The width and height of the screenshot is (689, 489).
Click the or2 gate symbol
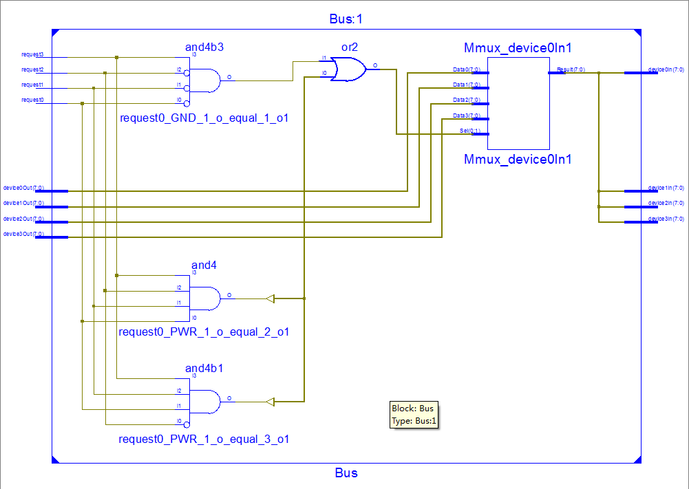click(x=348, y=69)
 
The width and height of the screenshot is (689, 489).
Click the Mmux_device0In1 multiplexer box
click(x=518, y=103)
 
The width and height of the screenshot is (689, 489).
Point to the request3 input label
click(x=32, y=54)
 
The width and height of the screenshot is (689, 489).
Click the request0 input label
click(x=32, y=100)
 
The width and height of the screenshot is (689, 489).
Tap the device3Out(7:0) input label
click(x=23, y=234)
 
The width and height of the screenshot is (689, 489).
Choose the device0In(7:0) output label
click(x=666, y=69)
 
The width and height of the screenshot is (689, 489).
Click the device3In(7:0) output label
click(x=666, y=219)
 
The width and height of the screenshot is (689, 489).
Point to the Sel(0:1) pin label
click(x=471, y=131)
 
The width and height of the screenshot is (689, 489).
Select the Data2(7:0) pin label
click(x=466, y=100)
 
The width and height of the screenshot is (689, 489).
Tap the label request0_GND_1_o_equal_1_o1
click(x=204, y=118)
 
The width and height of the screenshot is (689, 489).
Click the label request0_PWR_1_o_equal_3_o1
click(x=204, y=439)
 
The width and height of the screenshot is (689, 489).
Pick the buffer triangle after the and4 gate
click(x=270, y=298)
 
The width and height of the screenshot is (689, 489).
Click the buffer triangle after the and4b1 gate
click(x=270, y=401)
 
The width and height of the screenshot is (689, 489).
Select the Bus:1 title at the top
click(x=346, y=19)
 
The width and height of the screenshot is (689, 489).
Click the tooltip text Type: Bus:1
click(x=414, y=421)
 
